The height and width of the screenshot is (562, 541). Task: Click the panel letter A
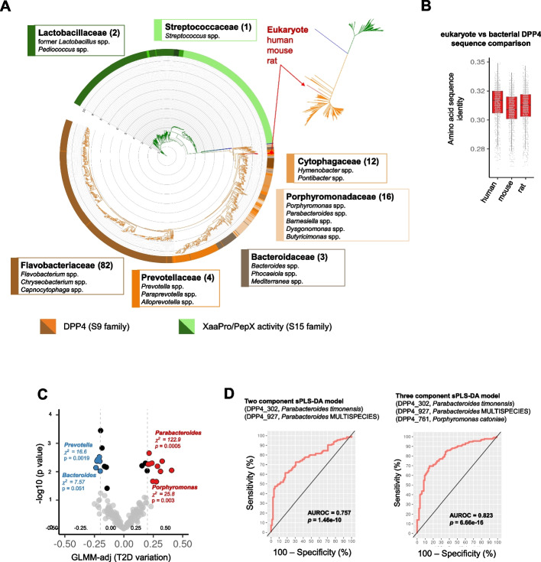point(8,7)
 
